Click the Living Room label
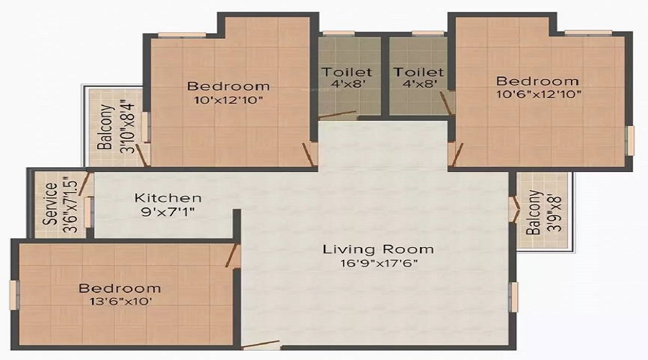(x=378, y=249)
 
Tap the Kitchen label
(x=168, y=198)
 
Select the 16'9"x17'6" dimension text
(x=379, y=264)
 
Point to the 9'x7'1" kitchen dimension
(x=168, y=212)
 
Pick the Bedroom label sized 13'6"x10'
(x=120, y=288)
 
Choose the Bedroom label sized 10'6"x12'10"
(x=537, y=81)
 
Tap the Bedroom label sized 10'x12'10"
(x=228, y=86)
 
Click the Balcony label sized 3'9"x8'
(x=534, y=212)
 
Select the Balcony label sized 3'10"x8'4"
(x=105, y=127)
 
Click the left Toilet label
(x=347, y=72)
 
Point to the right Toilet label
(x=418, y=72)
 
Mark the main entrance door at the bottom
(x=261, y=346)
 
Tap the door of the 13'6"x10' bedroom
(x=233, y=256)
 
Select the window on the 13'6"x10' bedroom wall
(x=14, y=294)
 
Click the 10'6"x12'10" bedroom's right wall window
(x=630, y=140)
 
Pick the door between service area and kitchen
(x=86, y=183)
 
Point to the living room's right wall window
(x=513, y=297)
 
